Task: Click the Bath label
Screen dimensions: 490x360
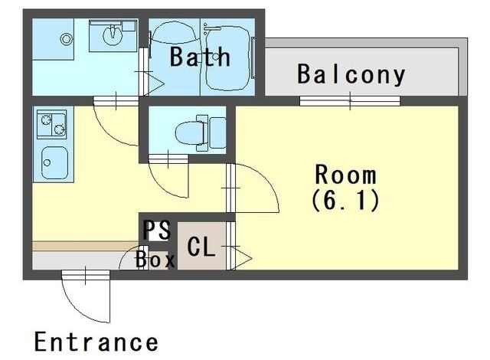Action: coord(200,57)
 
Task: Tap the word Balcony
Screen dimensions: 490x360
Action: coord(351,74)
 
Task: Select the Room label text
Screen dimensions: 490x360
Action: coord(345,175)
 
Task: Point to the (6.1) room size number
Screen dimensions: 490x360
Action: coord(345,201)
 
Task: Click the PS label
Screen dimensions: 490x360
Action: coord(156,231)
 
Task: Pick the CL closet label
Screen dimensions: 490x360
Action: coord(201,247)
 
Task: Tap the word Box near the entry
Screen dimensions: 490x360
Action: coord(155,260)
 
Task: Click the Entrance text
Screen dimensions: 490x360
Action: coord(96,342)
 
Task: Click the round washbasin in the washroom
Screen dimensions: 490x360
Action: coord(113,35)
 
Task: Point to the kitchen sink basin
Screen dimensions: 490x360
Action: coord(54,163)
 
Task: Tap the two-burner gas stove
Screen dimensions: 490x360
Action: coord(52,124)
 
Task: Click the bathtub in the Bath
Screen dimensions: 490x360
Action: coord(228,58)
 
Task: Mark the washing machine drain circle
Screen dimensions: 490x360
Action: coord(67,39)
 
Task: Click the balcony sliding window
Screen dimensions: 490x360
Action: coord(350,101)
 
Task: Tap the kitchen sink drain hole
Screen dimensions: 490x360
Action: coord(47,162)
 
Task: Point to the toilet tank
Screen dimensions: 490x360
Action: coord(217,133)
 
